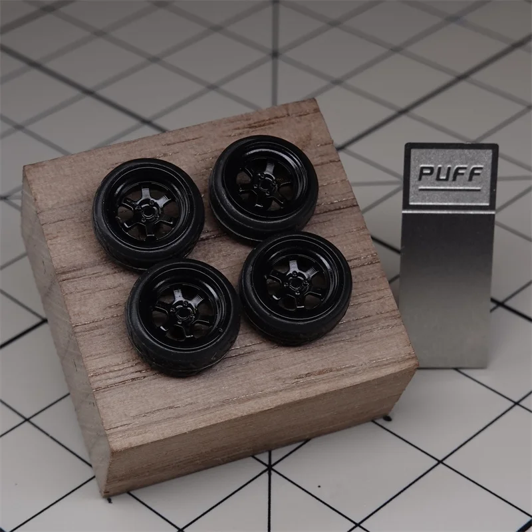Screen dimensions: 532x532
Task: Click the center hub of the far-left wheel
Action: [148, 211]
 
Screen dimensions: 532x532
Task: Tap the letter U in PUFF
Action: [444, 173]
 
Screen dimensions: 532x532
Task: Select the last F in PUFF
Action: [475, 173]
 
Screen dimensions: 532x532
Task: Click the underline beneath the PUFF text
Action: [450, 188]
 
